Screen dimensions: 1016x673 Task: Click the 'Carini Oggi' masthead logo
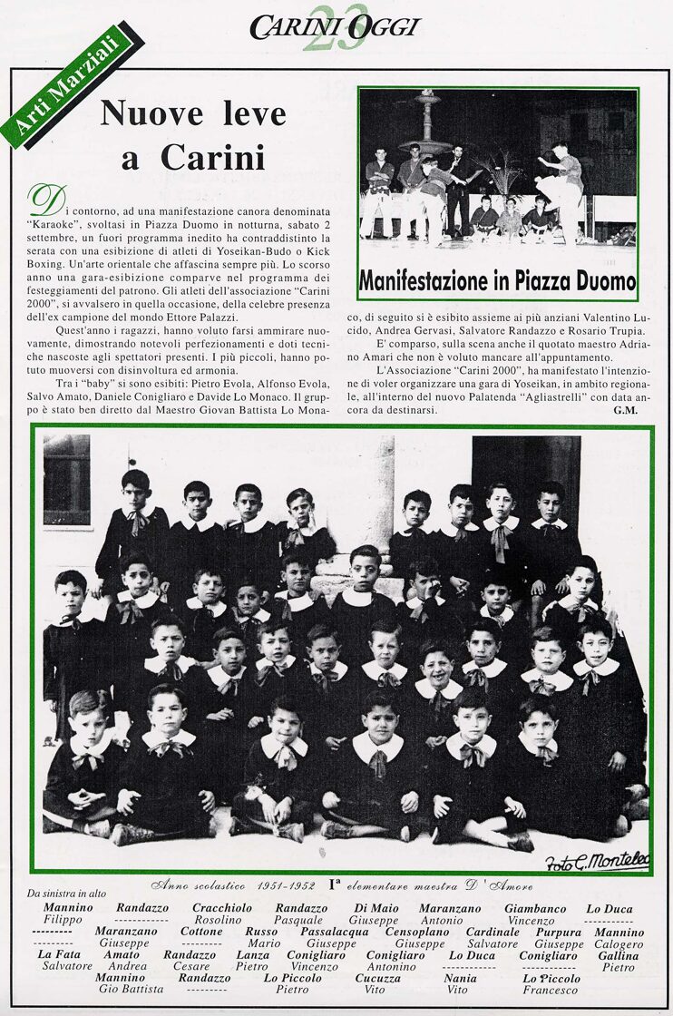[x=335, y=27]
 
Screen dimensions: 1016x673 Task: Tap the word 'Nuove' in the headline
[x=151, y=113]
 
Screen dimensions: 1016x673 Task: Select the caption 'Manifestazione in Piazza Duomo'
[x=497, y=280]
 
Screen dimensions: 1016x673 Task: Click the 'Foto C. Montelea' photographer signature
[x=597, y=861]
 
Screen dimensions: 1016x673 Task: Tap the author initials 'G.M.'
[x=626, y=410]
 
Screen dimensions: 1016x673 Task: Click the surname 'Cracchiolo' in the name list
[x=222, y=908]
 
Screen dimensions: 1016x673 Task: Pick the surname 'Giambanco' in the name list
[x=535, y=908]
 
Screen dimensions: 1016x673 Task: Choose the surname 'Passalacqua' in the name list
[x=334, y=932]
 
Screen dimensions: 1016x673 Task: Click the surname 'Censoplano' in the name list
[x=419, y=932]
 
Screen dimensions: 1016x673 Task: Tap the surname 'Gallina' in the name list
[x=618, y=955]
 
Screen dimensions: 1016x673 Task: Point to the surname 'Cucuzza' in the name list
[x=377, y=979]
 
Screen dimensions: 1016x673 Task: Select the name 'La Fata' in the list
[x=59, y=955]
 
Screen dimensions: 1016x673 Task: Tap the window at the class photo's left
[x=66, y=480]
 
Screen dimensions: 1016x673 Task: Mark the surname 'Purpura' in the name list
[x=558, y=932]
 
